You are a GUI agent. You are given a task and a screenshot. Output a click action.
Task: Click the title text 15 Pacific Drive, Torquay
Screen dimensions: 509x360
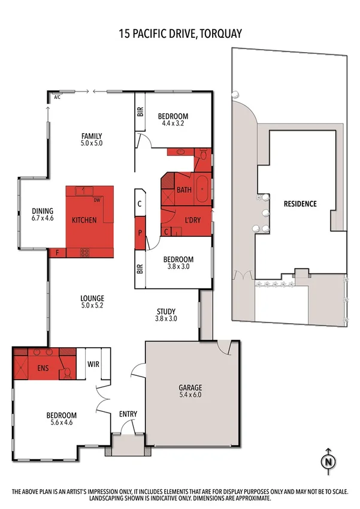tap(180, 34)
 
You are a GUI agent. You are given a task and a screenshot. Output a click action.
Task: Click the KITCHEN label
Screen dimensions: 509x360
tap(84, 220)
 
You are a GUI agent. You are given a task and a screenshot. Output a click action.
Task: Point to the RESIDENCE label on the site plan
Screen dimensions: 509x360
tap(300, 203)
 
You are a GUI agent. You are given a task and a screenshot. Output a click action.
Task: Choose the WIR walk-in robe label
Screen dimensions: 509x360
tap(93, 364)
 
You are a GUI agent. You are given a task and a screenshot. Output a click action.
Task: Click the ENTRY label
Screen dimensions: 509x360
tap(128, 414)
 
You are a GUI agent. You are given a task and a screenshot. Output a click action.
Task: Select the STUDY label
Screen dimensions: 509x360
tap(166, 311)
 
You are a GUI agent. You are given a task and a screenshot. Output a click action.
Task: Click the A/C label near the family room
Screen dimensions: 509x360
tap(57, 97)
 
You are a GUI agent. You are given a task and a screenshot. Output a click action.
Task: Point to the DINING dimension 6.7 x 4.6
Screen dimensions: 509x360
tap(43, 219)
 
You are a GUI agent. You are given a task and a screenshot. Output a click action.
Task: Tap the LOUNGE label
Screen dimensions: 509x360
tap(92, 298)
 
